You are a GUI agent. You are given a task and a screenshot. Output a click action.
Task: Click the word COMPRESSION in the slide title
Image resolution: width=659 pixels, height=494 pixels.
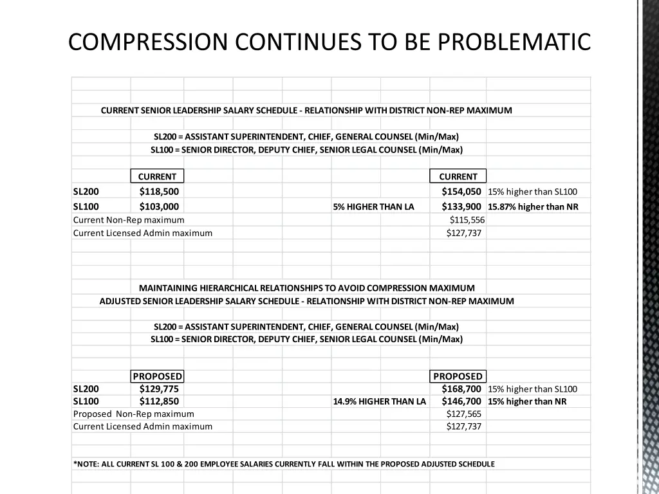pos(148,42)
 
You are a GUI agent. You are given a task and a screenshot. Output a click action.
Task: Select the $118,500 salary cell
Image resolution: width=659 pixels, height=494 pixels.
pos(159,191)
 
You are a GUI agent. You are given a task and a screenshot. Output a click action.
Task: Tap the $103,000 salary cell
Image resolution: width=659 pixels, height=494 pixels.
pos(159,206)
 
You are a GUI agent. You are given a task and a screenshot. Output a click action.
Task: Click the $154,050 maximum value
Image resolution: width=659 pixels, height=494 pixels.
pos(461,191)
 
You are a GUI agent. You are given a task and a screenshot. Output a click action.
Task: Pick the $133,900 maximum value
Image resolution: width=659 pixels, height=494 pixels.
pos(461,206)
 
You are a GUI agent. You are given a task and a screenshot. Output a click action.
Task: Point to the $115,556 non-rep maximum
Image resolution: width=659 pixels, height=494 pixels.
pos(467,220)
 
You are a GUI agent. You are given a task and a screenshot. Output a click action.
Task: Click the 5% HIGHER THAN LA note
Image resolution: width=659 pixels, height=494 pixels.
pos(374,206)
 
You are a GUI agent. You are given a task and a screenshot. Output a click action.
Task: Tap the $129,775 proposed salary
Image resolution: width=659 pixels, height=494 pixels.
pos(159,389)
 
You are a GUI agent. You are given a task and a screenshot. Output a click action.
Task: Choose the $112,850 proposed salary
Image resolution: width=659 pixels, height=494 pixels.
pos(159,401)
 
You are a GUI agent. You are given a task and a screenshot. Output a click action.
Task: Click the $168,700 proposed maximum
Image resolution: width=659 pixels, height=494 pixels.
pos(461,389)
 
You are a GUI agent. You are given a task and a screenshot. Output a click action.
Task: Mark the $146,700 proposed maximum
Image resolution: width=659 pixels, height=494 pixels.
pos(461,401)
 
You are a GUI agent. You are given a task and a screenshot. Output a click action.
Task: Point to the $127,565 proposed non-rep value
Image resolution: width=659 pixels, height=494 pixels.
pos(464,414)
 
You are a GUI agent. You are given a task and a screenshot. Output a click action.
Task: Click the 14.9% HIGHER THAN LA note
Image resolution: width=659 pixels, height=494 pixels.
pos(380,401)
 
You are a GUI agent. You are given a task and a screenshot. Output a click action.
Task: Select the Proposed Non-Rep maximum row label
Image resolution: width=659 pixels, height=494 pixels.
pos(133,414)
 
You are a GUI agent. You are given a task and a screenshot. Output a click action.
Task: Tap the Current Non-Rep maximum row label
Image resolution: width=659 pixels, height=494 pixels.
pos(129,220)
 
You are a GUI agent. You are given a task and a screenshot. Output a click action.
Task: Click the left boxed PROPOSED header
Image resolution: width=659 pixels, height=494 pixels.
pos(158,376)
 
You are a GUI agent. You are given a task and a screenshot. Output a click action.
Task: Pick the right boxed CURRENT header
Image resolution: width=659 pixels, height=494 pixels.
pos(458,176)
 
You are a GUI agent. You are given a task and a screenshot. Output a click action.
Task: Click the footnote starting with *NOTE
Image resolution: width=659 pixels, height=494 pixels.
pos(284,464)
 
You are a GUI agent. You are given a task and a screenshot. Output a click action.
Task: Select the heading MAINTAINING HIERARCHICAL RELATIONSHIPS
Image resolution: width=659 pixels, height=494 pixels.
pos(307,288)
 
